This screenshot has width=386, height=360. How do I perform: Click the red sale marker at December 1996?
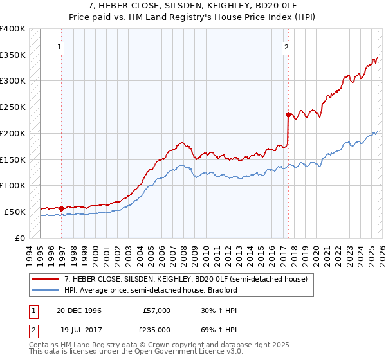[62, 208]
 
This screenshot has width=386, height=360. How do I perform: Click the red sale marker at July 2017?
[288, 114]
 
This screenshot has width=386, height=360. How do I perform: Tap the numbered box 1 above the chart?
[59, 46]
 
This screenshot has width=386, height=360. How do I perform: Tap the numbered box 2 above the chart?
[286, 46]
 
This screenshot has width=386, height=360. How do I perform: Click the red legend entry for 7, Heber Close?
[186, 279]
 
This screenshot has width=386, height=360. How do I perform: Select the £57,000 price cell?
[156, 310]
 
